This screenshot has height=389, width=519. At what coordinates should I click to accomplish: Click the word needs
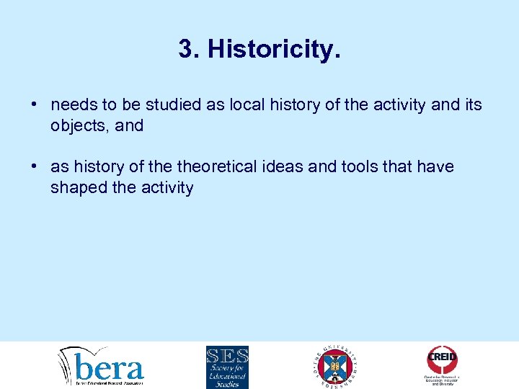click(x=71, y=106)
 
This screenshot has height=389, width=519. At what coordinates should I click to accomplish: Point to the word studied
click(x=167, y=105)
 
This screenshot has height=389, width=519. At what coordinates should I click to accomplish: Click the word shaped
click(x=74, y=189)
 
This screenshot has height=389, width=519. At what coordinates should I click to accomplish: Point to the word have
click(x=437, y=167)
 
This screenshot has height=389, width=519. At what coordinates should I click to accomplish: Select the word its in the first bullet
click(x=472, y=105)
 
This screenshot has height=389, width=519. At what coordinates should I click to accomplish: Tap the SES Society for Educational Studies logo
click(x=227, y=366)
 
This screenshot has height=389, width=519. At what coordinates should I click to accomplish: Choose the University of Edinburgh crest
click(x=336, y=366)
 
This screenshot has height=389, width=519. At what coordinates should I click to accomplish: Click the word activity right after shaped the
click(x=167, y=189)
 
